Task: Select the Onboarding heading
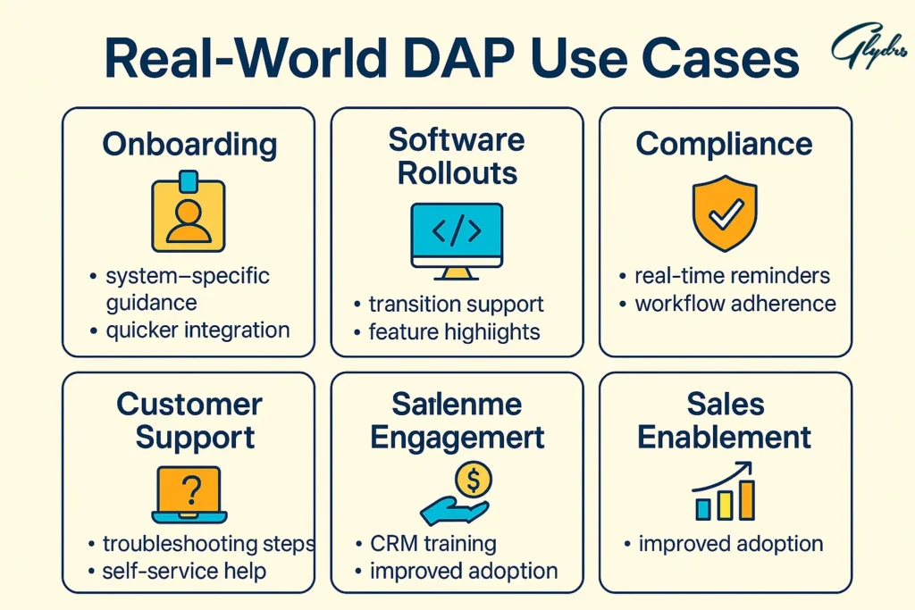[189, 145]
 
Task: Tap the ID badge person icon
[189, 213]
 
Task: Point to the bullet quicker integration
[197, 330]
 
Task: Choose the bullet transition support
[456, 304]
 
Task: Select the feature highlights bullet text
[454, 332]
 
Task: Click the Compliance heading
[724, 145]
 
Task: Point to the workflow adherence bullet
[735, 304]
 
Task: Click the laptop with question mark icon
[189, 494]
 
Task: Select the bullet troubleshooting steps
[207, 543]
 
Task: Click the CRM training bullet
[432, 543]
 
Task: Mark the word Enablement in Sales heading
[725, 438]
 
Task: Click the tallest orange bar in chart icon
[746, 500]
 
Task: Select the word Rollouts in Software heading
[457, 172]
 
